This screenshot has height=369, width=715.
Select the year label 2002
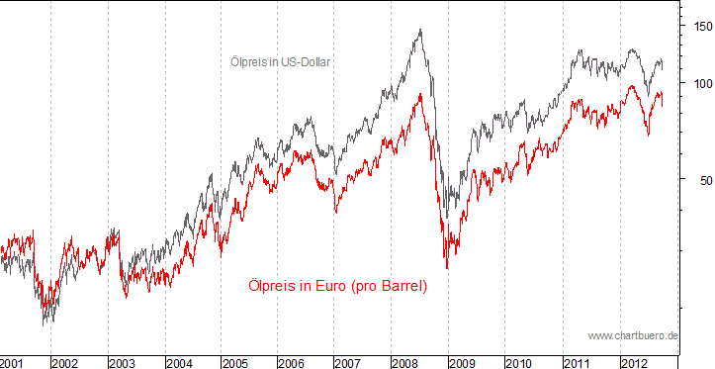(65, 362)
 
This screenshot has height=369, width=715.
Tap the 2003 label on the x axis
(122, 362)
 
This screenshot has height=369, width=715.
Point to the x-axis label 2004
(179, 362)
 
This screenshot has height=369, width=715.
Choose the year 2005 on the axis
(235, 362)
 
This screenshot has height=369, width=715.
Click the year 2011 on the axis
(578, 362)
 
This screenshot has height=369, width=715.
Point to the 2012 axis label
(635, 362)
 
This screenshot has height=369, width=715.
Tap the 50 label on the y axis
(698, 180)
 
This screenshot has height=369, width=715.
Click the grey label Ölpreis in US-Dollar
(273, 61)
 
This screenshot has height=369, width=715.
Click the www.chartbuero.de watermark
(632, 335)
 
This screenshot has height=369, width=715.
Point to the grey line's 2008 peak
(420, 30)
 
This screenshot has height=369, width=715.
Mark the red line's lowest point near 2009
(447, 268)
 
